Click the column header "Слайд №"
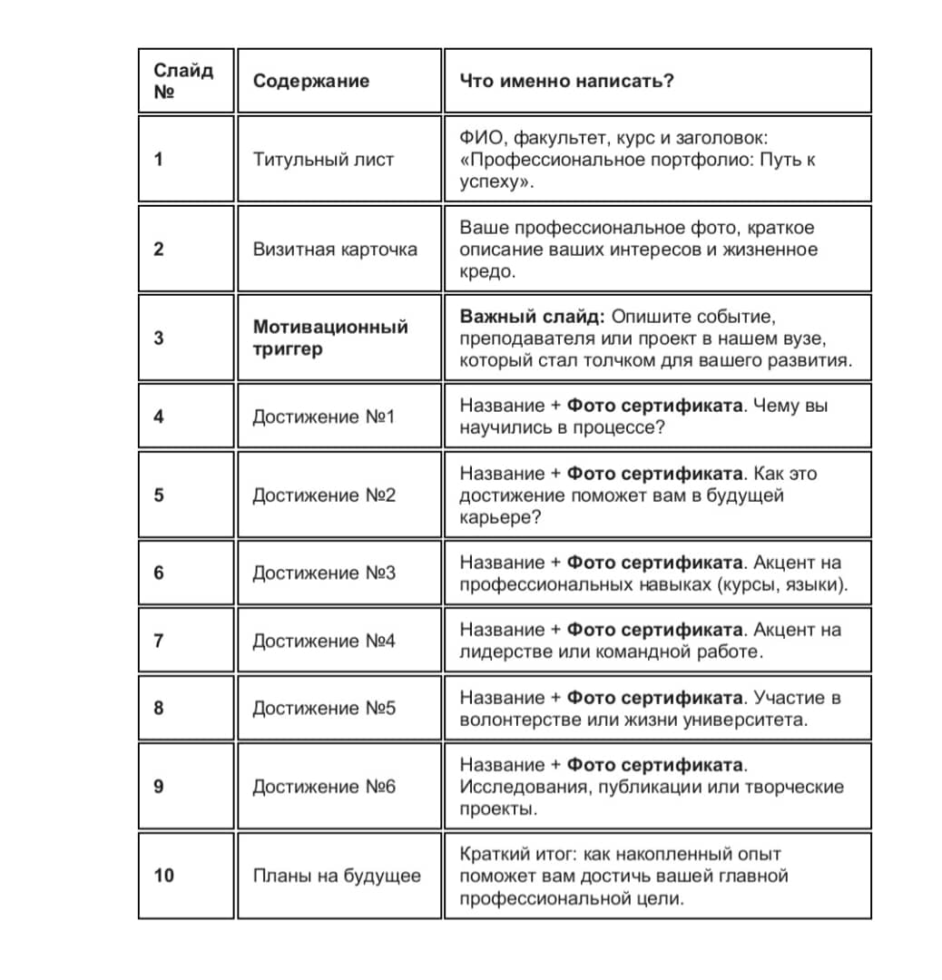click(x=183, y=81)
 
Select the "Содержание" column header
click(x=310, y=81)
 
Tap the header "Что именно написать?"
click(x=566, y=81)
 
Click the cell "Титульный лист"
click(x=323, y=160)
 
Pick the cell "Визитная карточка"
click(x=335, y=250)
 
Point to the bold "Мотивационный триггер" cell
click(x=330, y=338)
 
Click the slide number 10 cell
click(x=164, y=876)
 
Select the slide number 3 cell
click(x=159, y=338)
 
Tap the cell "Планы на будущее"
click(x=336, y=876)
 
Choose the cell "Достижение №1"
click(x=324, y=416)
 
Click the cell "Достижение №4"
click(x=324, y=641)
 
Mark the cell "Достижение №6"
click(x=324, y=787)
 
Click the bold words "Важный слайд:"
click(x=531, y=317)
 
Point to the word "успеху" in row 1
click(x=494, y=181)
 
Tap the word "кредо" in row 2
click(x=487, y=272)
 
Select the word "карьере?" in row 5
click(x=497, y=518)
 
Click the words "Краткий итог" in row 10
click(x=515, y=854)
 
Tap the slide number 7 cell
click(x=159, y=641)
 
